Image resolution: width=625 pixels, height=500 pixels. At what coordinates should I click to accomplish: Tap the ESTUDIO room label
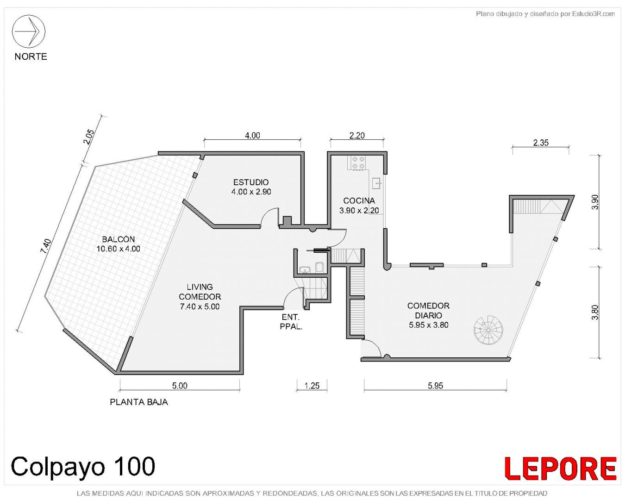[x=251, y=182]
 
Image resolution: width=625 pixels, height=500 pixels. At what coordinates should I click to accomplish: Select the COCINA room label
[x=359, y=201]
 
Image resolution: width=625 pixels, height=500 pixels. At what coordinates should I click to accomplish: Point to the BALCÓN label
[x=119, y=239]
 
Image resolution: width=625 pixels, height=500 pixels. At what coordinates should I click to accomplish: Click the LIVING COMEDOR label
[x=200, y=292]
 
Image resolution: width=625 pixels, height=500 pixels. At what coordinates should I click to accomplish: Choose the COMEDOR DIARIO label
[x=428, y=310]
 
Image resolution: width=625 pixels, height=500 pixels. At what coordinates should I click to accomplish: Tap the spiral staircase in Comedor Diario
[x=488, y=330]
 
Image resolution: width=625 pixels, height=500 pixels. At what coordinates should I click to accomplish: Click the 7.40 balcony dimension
[x=46, y=246]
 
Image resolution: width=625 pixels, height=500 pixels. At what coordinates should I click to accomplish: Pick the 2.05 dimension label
[x=89, y=137]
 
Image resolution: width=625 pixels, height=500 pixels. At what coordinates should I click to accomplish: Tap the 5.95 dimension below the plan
[x=435, y=386]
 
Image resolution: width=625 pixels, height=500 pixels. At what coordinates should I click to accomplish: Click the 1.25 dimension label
[x=312, y=386]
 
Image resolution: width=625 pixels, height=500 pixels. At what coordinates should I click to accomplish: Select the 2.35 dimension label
[x=541, y=143]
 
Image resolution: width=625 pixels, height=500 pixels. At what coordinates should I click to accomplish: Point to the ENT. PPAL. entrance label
[x=291, y=322]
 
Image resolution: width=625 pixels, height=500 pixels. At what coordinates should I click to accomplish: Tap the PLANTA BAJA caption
[x=139, y=402]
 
